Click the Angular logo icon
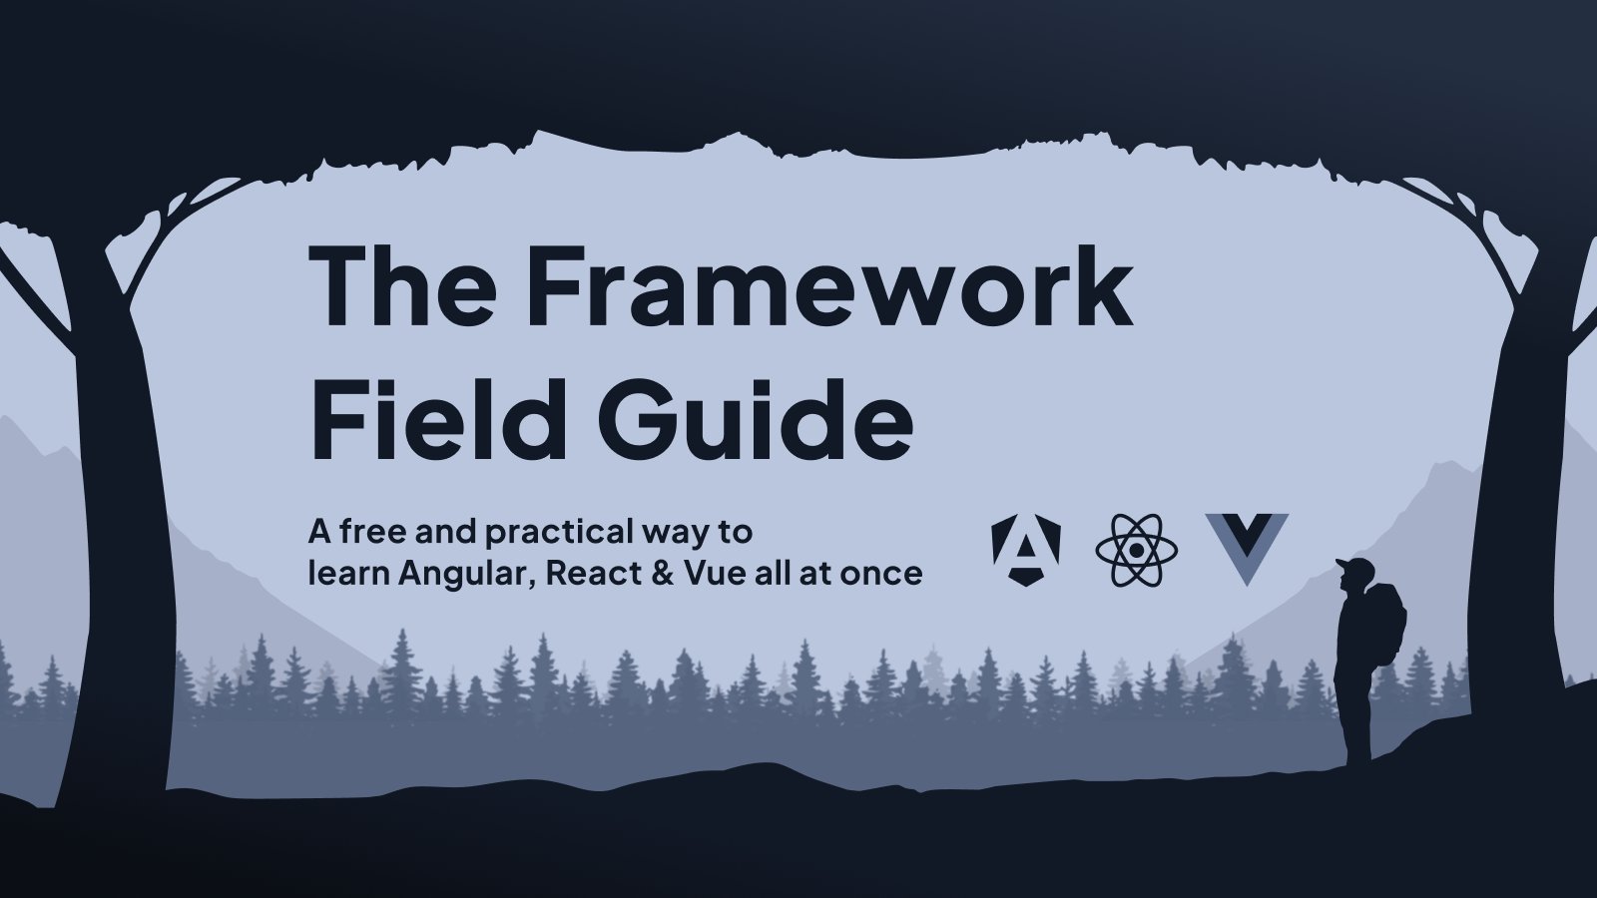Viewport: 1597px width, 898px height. coord(1026,550)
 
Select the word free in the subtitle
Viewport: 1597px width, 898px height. coord(373,532)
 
